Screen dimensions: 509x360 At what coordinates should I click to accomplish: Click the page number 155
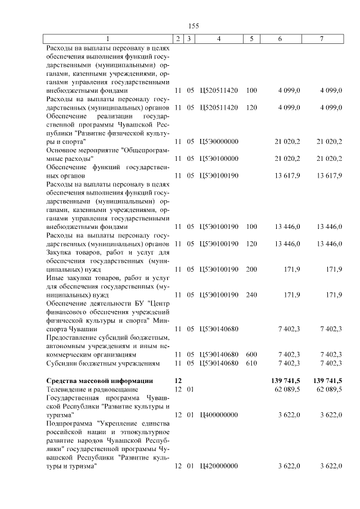pyautogui.click(x=193, y=26)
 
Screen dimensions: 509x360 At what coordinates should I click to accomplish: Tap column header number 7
pyautogui.click(x=322, y=38)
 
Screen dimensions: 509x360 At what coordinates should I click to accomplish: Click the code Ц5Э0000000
pyautogui.click(x=219, y=141)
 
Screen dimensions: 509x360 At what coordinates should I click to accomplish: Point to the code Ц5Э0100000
pyautogui.click(x=219, y=159)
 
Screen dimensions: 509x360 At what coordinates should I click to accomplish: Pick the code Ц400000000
pyautogui.click(x=219, y=415)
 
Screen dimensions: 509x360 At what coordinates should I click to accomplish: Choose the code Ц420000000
pyautogui.click(x=219, y=466)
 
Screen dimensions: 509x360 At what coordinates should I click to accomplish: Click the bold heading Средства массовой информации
pyautogui.click(x=99, y=381)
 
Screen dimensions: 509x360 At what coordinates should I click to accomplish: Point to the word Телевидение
pyautogui.click(x=66, y=389)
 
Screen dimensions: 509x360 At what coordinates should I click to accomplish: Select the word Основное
pyautogui.click(x=62, y=150)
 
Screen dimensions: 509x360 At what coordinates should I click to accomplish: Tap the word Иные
pyautogui.click(x=55, y=278)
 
